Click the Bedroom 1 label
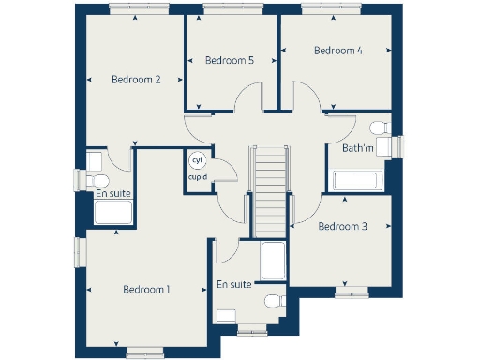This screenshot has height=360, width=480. tap(146, 290)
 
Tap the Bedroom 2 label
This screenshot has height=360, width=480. tap(136, 80)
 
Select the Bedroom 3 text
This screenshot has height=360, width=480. tap(341, 227)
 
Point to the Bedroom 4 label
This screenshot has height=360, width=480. tap(338, 51)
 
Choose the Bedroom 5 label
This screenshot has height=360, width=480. tap(230, 60)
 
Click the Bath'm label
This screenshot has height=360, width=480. tap(357, 148)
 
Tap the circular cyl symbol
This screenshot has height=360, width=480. tap(197, 160)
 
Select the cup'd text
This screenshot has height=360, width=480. tap(198, 177)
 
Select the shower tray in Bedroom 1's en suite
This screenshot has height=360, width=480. tap(273, 261)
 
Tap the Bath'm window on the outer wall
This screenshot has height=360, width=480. tap(398, 148)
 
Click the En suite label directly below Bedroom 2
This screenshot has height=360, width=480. tap(113, 194)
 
